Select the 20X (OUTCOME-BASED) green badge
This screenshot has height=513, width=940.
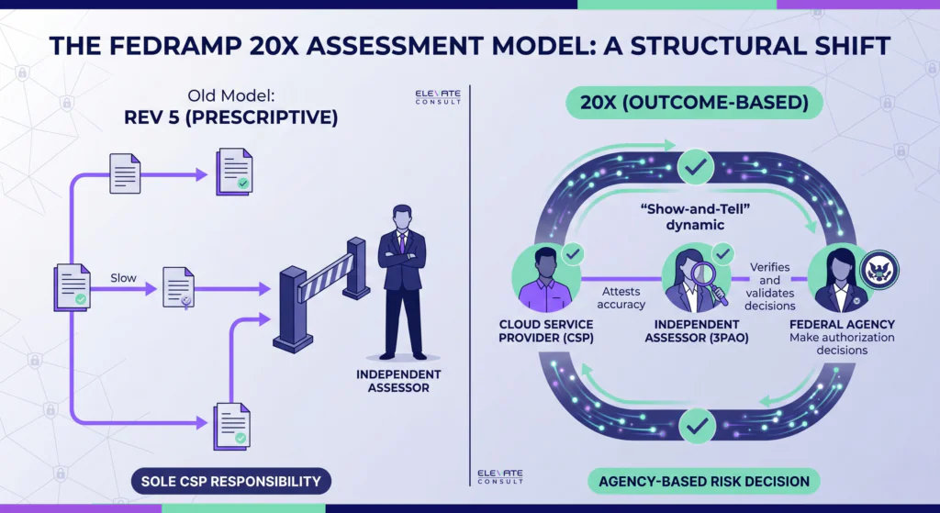[694, 103]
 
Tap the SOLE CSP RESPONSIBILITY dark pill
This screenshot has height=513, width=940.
[230, 481]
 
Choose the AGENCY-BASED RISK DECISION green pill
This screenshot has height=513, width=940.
[704, 481]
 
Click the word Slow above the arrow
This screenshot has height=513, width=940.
[124, 278]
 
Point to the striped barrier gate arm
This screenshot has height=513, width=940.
[327, 277]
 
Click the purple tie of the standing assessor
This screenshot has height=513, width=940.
[402, 242]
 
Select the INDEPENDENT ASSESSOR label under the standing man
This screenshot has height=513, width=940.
[398, 381]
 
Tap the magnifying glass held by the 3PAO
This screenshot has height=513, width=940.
[709, 283]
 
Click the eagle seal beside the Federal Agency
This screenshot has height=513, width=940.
[879, 271]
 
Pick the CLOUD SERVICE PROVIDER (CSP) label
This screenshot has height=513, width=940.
[546, 331]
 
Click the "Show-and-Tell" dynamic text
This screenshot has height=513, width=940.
[696, 217]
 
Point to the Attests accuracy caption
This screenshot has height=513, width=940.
[621, 298]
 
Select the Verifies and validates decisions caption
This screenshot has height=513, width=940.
[770, 286]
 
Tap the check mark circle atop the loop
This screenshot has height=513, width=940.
[696, 167]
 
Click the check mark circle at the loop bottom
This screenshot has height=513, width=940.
[697, 426]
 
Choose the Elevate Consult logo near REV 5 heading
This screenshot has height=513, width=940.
[438, 97]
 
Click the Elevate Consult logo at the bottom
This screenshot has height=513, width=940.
[500, 476]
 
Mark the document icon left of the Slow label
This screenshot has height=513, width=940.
[73, 287]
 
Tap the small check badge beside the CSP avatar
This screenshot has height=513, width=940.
[573, 254]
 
